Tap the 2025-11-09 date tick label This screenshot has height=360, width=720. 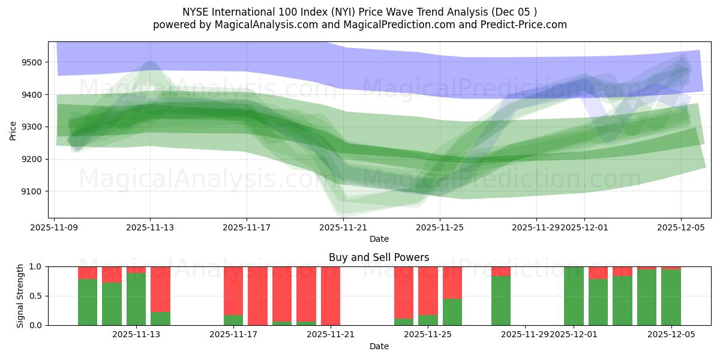(55, 228)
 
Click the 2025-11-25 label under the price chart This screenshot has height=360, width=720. (440, 228)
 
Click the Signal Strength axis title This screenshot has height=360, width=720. (20, 296)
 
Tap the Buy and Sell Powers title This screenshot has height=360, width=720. (379, 257)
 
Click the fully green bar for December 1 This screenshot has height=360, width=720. (574, 296)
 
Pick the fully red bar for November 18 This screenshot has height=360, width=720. (257, 296)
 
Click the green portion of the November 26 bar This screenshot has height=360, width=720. (452, 312)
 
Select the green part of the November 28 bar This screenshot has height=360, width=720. (501, 301)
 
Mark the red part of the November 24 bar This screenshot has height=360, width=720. (404, 291)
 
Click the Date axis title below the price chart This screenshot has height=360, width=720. (379, 239)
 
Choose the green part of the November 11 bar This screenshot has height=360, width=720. (112, 304)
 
